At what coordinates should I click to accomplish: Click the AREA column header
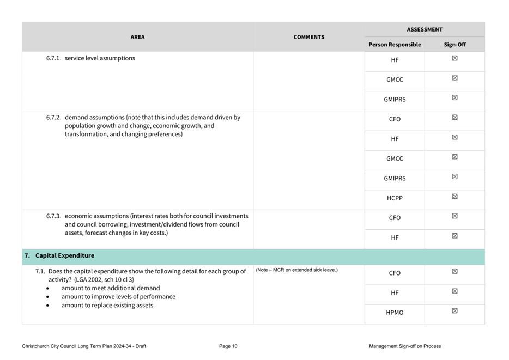pyautogui.click(x=137, y=37)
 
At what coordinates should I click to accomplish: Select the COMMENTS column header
pyautogui.click(x=308, y=37)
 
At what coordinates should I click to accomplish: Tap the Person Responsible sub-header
pyautogui.click(x=395, y=45)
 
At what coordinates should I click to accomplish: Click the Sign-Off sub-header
pyautogui.click(x=455, y=45)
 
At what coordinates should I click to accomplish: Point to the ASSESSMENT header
pyautogui.click(x=425, y=29)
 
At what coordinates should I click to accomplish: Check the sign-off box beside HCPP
pyautogui.click(x=455, y=197)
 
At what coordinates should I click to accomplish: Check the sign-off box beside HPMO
pyautogui.click(x=455, y=311)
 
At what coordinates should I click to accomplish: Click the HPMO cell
pyautogui.click(x=395, y=313)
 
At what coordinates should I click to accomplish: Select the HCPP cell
pyautogui.click(x=395, y=198)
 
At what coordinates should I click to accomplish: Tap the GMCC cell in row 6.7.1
pyautogui.click(x=395, y=80)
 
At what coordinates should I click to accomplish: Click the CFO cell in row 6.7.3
pyautogui.click(x=395, y=218)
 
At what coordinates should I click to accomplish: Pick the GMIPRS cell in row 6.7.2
pyautogui.click(x=395, y=179)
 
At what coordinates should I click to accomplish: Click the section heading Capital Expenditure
pyautogui.click(x=64, y=255)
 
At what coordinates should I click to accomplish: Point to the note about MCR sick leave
pyautogui.click(x=296, y=270)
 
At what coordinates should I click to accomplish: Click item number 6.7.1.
pyautogui.click(x=54, y=58)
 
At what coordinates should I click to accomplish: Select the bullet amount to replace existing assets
pyautogui.click(x=107, y=306)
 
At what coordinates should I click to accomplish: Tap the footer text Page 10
pyautogui.click(x=228, y=346)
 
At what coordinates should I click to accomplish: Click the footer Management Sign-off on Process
pyautogui.click(x=404, y=346)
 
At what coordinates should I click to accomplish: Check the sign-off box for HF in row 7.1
pyautogui.click(x=455, y=291)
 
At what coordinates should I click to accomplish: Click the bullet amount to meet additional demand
pyautogui.click(x=111, y=288)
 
